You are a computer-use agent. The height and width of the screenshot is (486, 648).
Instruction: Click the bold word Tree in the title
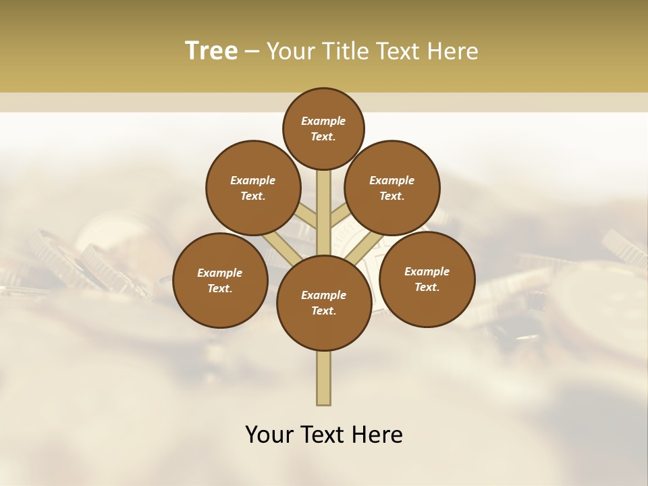point(211,51)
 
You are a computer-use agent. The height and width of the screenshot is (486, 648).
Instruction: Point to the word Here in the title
point(454,51)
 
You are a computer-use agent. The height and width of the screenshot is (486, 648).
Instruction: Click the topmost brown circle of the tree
point(323,128)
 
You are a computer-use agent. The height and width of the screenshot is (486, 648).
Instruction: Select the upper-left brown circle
point(253,188)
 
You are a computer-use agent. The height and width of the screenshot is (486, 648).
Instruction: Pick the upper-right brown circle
point(392,188)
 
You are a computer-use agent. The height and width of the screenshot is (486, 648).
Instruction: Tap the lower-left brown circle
point(220,280)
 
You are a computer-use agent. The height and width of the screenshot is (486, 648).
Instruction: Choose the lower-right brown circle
point(427,279)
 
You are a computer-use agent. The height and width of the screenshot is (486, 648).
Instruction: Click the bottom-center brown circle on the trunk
point(324,303)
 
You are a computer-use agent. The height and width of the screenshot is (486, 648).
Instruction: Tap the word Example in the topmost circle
point(323,121)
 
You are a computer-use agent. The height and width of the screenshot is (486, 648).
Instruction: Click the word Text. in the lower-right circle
point(427,287)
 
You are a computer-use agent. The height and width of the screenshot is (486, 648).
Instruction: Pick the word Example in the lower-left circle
point(219,273)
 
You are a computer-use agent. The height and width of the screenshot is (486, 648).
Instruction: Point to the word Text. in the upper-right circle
point(391,196)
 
